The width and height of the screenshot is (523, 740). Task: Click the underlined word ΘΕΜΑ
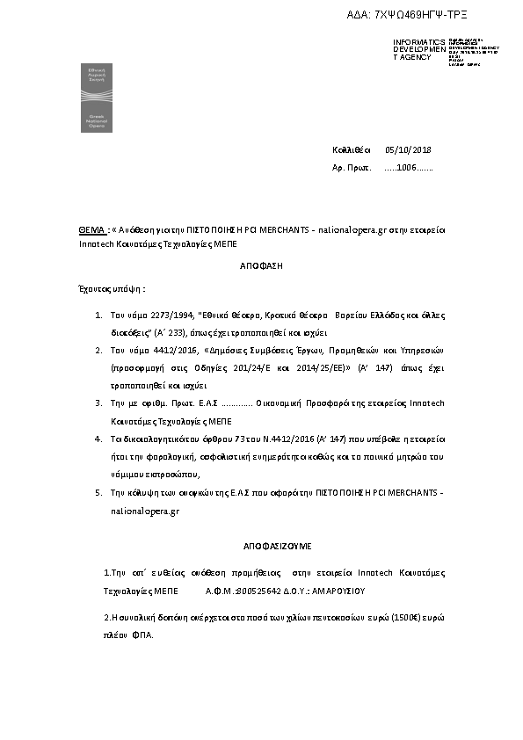[x=92, y=229]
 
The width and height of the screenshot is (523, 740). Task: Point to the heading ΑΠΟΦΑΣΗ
[x=261, y=265]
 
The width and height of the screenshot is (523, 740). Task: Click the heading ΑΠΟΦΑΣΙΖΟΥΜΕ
[x=261, y=546]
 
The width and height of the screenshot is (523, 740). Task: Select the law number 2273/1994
[x=156, y=314]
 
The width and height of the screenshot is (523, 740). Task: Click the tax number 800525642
[x=258, y=591]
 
